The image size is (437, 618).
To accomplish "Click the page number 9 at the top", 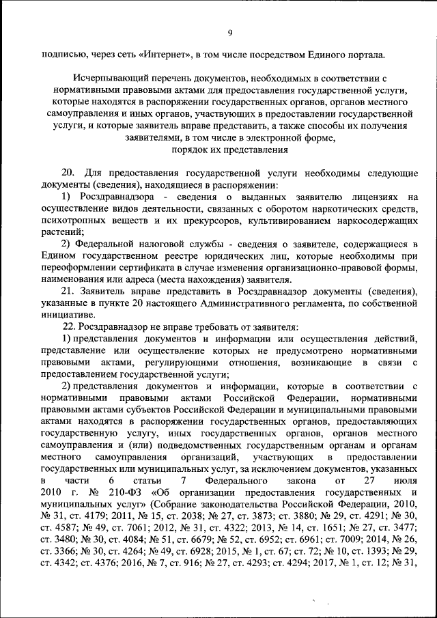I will click(x=230, y=33).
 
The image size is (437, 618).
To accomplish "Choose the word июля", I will click(x=402, y=481).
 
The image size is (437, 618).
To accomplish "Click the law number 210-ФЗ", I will click(x=113, y=492).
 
